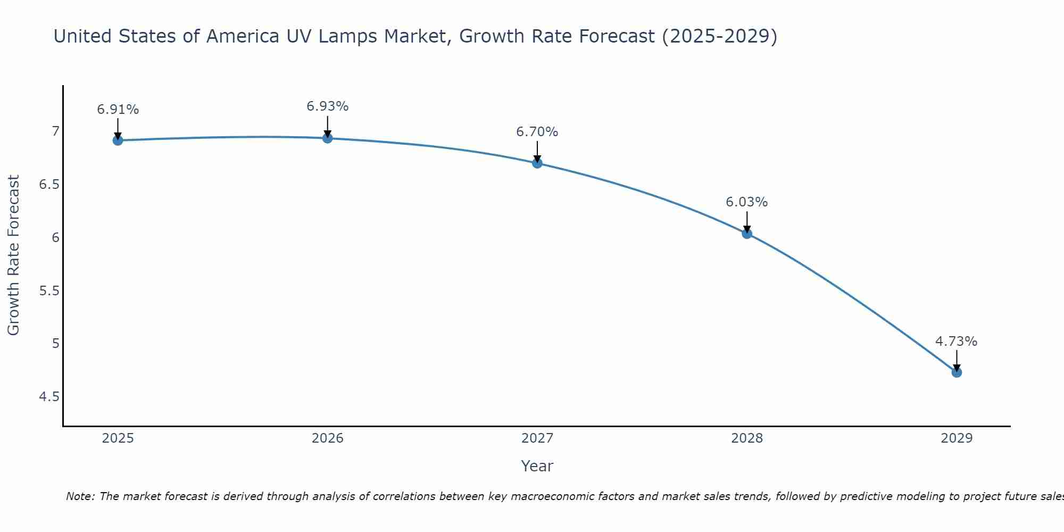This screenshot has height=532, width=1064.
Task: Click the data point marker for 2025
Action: (118, 140)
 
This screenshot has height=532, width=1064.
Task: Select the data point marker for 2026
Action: (328, 138)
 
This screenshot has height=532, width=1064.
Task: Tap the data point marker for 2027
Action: (537, 163)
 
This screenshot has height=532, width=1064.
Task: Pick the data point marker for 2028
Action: (747, 233)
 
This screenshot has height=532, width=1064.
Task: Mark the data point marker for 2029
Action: (957, 372)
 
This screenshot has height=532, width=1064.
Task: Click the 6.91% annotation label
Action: (118, 110)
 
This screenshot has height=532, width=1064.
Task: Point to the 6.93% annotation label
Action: (328, 106)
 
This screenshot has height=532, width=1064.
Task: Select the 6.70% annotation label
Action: (537, 132)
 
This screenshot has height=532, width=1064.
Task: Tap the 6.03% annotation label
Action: (747, 202)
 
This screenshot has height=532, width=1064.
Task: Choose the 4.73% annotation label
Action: (957, 342)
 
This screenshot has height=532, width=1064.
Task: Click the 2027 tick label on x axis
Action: (537, 438)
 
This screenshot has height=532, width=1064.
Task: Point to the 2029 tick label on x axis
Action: (957, 438)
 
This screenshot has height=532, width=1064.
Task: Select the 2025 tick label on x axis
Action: (118, 438)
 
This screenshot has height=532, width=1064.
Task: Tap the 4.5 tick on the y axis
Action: (49, 397)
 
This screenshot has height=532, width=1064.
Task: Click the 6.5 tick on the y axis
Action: (49, 185)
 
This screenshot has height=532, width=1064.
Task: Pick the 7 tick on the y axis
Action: (55, 131)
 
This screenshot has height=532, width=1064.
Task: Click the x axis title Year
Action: (537, 466)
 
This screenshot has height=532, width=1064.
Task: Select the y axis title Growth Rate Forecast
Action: (14, 255)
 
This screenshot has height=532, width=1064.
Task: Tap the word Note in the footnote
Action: (80, 496)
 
